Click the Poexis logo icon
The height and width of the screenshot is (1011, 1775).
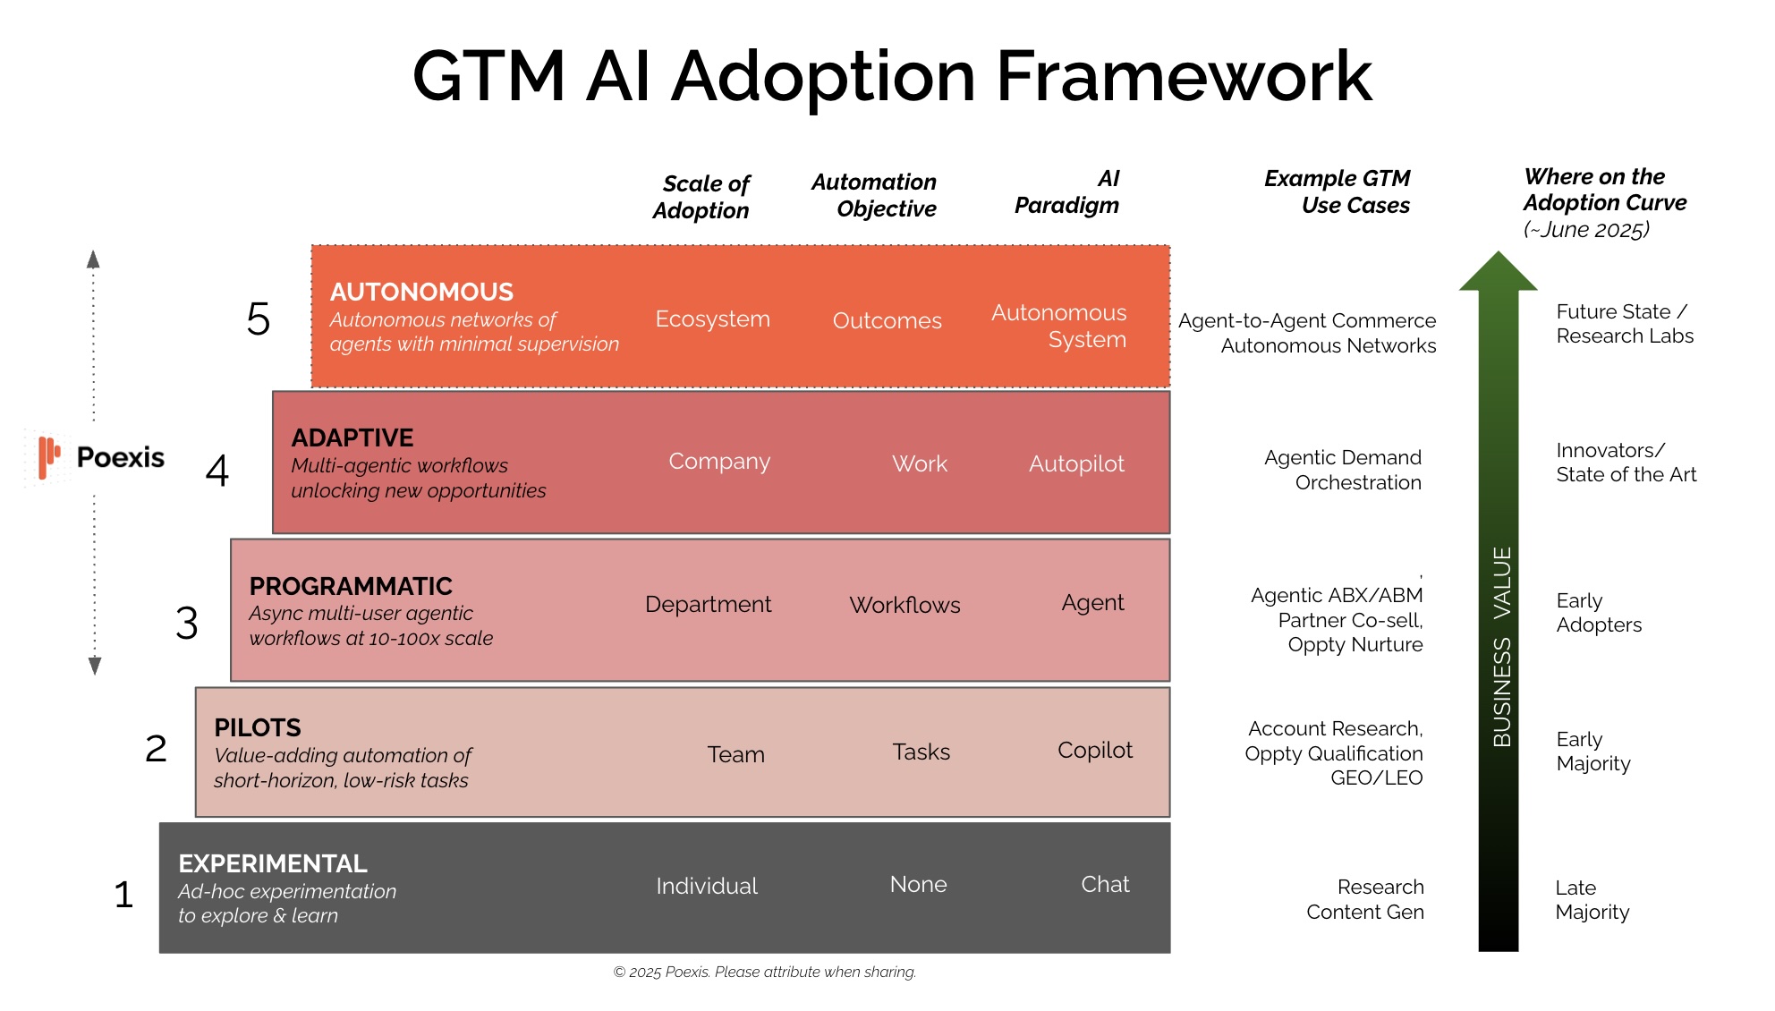click(48, 457)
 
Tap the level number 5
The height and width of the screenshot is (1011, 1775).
click(258, 319)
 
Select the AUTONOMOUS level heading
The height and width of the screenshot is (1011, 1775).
click(421, 293)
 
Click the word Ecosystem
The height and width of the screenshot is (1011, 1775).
click(712, 319)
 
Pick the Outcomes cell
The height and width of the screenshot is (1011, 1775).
click(887, 321)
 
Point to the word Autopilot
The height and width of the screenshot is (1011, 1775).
click(1076, 464)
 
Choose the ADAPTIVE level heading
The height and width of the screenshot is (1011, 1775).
click(352, 438)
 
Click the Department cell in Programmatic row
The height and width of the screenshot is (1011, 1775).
click(708, 605)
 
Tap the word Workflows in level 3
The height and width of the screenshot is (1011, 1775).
click(904, 606)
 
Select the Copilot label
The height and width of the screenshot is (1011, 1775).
click(1094, 751)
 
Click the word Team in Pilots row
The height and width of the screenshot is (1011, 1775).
click(735, 755)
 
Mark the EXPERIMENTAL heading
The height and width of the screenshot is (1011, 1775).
click(273, 864)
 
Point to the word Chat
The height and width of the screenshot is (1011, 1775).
click(1105, 885)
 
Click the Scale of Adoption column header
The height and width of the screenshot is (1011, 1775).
click(701, 197)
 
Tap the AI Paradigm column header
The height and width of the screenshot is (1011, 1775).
click(1066, 192)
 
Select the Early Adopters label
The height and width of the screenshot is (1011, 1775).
click(1599, 613)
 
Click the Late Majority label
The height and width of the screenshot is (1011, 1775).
click(1592, 900)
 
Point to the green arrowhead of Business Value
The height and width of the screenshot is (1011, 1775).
click(1498, 273)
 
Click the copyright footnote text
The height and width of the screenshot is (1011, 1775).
click(764, 973)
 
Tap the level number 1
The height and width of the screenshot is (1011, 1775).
click(123, 895)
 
